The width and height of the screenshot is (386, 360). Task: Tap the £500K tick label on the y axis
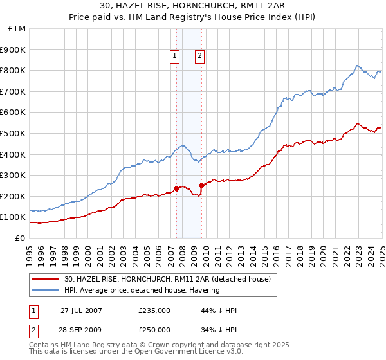coord(13,133)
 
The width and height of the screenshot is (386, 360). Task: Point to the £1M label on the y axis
coord(17,29)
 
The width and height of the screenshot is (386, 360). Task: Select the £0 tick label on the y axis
coord(20,238)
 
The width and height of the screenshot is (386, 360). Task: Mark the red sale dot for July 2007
coord(176,189)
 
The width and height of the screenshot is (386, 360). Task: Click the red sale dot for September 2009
coord(201,186)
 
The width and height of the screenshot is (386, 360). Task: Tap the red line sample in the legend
coord(46,279)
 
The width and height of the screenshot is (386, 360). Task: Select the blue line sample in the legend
coord(46,290)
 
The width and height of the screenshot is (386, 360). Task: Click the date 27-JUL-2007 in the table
coord(80,310)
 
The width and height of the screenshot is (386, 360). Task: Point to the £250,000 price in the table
coord(154,329)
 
